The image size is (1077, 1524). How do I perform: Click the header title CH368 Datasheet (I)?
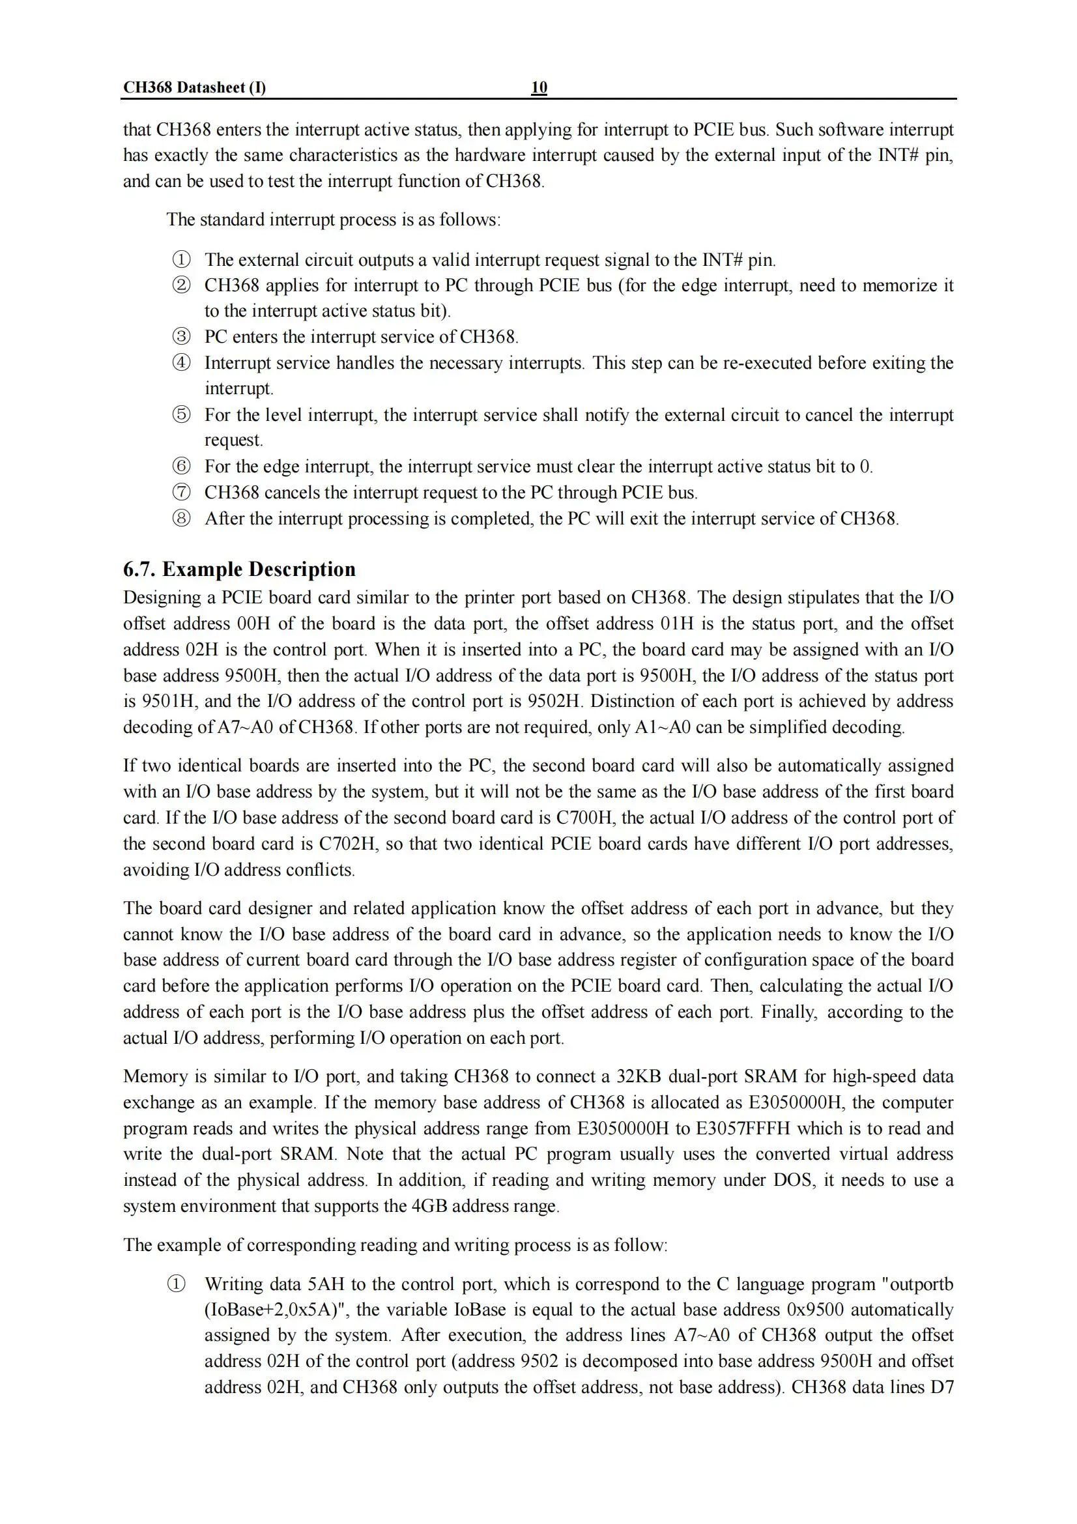194,87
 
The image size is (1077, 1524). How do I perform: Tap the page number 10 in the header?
539,87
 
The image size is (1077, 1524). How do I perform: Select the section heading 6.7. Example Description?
239,569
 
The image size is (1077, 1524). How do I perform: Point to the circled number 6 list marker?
181,466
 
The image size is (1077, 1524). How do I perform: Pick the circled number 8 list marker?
181,518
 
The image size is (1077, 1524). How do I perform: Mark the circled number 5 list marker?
181,415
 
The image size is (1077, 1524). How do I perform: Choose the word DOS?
793,1179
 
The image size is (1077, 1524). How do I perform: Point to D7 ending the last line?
941,1387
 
